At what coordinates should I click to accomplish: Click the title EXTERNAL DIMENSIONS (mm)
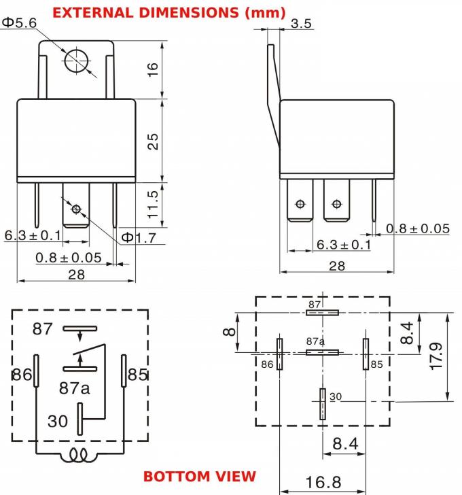coord(168,12)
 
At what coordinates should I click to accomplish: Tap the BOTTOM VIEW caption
coord(200,475)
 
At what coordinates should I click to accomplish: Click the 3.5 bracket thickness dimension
coord(301,24)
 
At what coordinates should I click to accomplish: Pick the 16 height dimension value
coord(153,69)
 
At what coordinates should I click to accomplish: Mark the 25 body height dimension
coord(153,141)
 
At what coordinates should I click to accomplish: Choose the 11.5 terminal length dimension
coord(153,203)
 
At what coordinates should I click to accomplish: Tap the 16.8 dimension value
coord(323,482)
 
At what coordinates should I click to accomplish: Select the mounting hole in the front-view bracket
coord(76,60)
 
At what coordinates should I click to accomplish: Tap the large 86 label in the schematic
coord(21,375)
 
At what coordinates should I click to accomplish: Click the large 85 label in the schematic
coord(138,375)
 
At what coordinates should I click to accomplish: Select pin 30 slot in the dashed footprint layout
coord(322,404)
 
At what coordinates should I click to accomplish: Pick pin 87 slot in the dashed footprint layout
coord(322,313)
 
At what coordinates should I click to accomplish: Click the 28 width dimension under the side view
coord(336,266)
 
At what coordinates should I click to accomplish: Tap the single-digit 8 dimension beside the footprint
coord(229,332)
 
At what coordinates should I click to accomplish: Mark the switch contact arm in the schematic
coord(90,353)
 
